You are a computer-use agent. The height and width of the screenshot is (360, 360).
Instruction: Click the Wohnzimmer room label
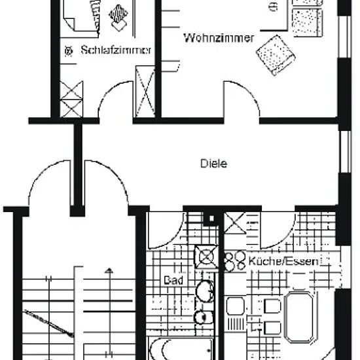coord(219,38)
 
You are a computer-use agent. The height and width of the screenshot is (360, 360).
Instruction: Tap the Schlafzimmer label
coord(116,50)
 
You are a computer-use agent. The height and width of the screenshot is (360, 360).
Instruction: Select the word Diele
coord(214,164)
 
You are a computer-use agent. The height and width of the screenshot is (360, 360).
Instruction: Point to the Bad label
coord(173,280)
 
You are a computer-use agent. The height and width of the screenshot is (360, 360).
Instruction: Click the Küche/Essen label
coord(283,261)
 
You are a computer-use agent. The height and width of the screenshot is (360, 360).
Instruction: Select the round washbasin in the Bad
coord(205,291)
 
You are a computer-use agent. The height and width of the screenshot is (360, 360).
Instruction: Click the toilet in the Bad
coord(204,317)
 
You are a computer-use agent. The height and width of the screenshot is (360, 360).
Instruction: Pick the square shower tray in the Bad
coord(206,257)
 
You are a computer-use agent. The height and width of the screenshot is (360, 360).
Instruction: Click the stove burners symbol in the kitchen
coord(235,261)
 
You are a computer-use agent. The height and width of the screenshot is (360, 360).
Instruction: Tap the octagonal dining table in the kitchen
coord(299,317)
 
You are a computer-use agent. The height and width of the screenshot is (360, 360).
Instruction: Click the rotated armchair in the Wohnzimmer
coord(276,55)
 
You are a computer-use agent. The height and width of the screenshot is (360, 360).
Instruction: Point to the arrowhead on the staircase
coord(109,271)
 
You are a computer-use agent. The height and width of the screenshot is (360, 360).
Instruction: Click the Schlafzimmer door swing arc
coord(107,91)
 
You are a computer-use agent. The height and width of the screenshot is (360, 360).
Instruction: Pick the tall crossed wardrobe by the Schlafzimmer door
coord(145,92)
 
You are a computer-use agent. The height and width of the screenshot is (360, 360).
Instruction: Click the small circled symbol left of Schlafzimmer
coord(69,51)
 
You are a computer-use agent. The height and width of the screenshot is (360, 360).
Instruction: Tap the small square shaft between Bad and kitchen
coord(211,219)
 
